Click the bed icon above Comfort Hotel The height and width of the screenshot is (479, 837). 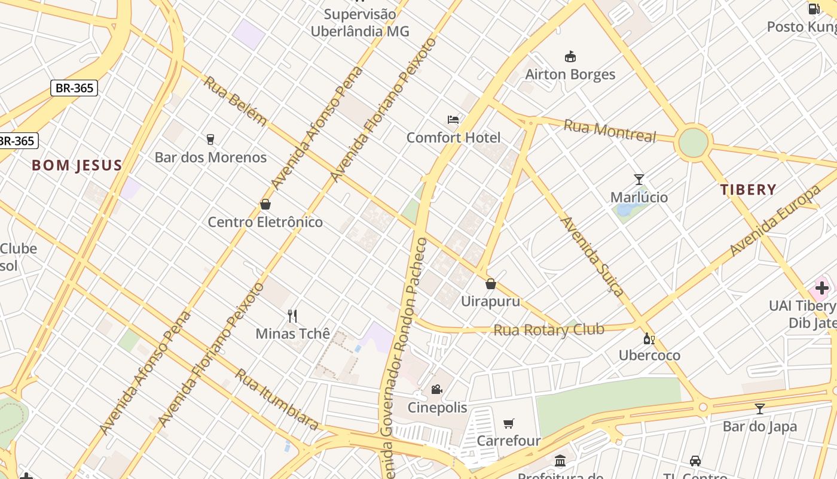click(453, 120)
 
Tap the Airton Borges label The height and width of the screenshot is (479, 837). click(570, 74)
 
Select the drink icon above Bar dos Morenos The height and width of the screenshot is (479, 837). click(210, 140)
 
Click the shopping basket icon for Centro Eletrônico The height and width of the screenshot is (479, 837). click(265, 204)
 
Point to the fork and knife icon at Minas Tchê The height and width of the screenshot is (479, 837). click(292, 316)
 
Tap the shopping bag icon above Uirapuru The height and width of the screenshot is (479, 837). click(491, 283)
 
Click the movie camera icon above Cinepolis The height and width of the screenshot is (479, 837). click(437, 390)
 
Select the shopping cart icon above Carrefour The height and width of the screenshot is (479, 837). click(509, 423)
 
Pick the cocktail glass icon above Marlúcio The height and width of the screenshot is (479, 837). click(639, 179)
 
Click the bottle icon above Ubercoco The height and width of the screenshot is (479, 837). click(649, 338)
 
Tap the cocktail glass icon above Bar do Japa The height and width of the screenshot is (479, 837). click(759, 409)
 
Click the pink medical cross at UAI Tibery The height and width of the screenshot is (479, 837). click(822, 288)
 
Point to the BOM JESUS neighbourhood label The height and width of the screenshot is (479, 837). click(77, 166)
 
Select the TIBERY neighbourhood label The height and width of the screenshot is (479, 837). click(748, 190)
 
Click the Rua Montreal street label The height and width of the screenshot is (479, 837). click(610, 130)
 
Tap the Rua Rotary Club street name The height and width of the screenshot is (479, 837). click(548, 330)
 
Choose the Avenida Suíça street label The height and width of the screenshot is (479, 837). click(592, 256)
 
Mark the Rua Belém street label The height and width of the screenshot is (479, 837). click(235, 101)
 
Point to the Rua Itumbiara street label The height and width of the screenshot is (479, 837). click(276, 399)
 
